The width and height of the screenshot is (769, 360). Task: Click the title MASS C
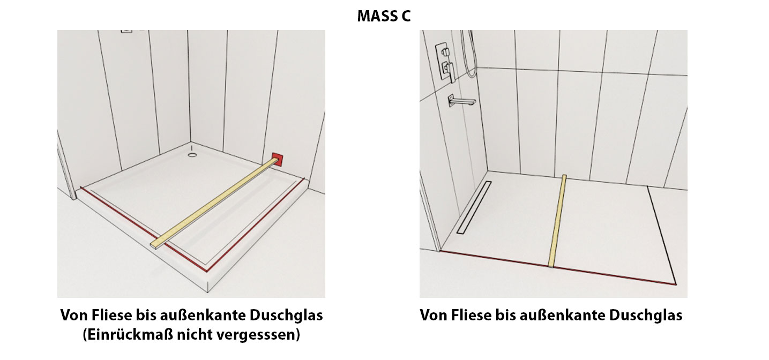tap(384, 16)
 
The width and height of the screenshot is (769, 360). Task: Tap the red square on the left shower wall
tap(278, 160)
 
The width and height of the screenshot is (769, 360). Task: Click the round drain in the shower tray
tap(192, 155)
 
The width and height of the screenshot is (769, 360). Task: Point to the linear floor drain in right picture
tap(474, 207)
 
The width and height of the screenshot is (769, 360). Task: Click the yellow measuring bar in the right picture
tap(557, 221)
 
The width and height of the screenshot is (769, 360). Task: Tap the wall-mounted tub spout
tap(461, 101)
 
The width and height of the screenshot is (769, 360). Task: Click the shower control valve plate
tap(445, 62)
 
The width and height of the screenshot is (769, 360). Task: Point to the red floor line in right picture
tap(558, 268)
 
